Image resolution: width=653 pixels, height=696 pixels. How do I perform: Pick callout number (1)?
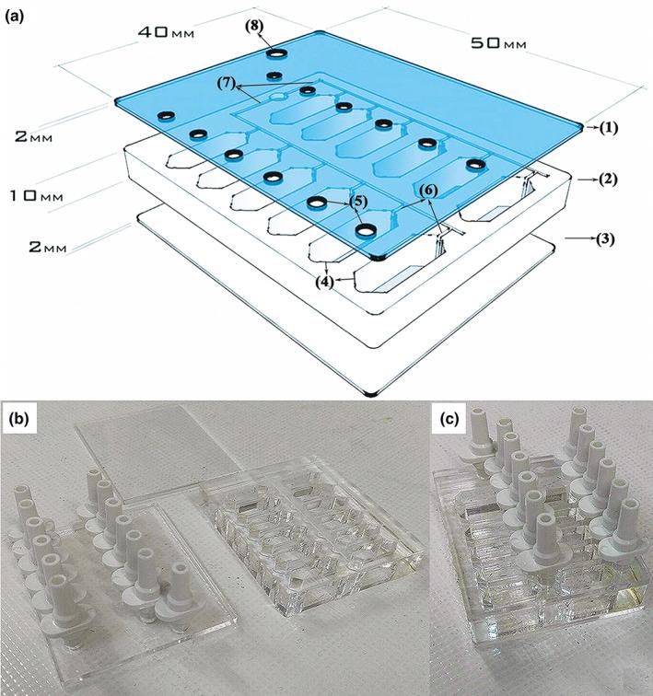pyautogui.click(x=601, y=128)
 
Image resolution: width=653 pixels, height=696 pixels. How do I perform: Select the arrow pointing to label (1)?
pyautogui.click(x=587, y=128)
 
